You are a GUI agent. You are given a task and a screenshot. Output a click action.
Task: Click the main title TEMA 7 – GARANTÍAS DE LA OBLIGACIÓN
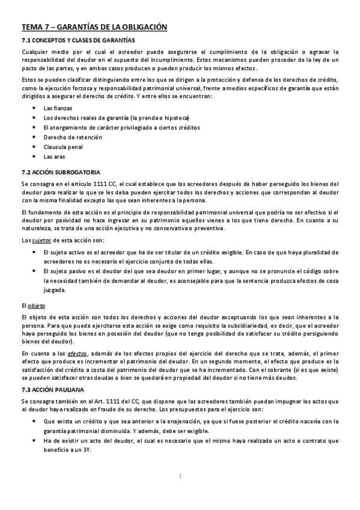coord(94,27)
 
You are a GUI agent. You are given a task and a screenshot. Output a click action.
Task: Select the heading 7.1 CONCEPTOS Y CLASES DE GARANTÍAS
coord(79,40)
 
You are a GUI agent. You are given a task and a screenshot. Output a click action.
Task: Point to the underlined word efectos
coord(78,353)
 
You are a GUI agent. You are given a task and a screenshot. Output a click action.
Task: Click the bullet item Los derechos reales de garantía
coord(108,117)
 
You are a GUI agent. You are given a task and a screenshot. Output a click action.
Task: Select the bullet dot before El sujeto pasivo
coord(33,271)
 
